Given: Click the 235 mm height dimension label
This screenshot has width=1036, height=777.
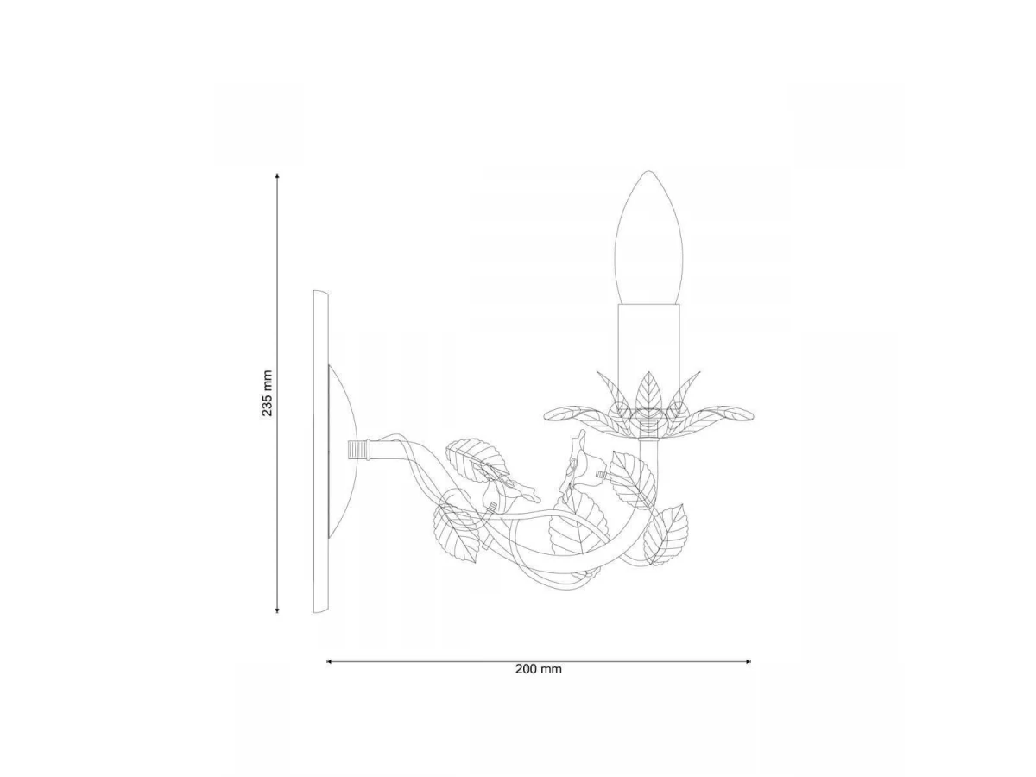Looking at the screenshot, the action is click(x=268, y=393).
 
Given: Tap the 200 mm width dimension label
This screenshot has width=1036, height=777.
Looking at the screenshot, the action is click(x=538, y=669).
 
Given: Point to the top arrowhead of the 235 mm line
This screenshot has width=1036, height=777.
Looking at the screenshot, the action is click(x=277, y=176).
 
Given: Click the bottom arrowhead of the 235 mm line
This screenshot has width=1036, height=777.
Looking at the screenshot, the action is click(x=277, y=610).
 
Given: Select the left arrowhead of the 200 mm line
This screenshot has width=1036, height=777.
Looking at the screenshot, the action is click(x=330, y=661).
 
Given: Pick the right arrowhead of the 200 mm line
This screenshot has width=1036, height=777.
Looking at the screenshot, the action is click(x=747, y=661).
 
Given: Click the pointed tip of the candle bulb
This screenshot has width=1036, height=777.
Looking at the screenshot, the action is click(x=648, y=171).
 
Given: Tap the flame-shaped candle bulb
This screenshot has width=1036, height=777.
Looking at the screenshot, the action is click(x=648, y=237).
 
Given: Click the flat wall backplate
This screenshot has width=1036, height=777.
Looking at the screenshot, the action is click(x=321, y=451).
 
